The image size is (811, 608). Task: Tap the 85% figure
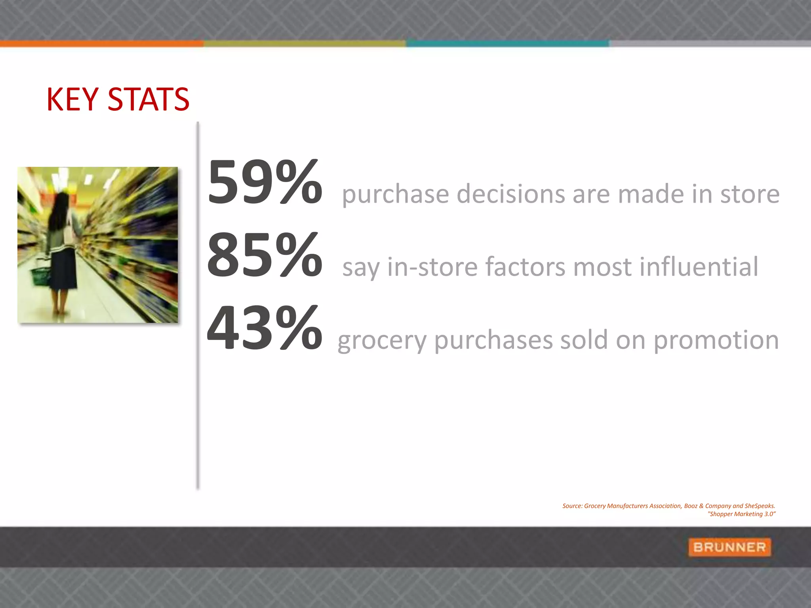265,255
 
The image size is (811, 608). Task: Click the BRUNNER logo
729,547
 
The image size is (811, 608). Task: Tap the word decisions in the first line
510,194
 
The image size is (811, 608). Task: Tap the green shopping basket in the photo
40,275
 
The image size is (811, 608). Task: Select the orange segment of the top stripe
102,44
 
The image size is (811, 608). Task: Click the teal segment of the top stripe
507,44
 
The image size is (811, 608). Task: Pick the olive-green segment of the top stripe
305,44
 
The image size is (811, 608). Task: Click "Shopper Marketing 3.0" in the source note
741,514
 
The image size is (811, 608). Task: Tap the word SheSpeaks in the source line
759,506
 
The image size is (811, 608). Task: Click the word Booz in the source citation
691,506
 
